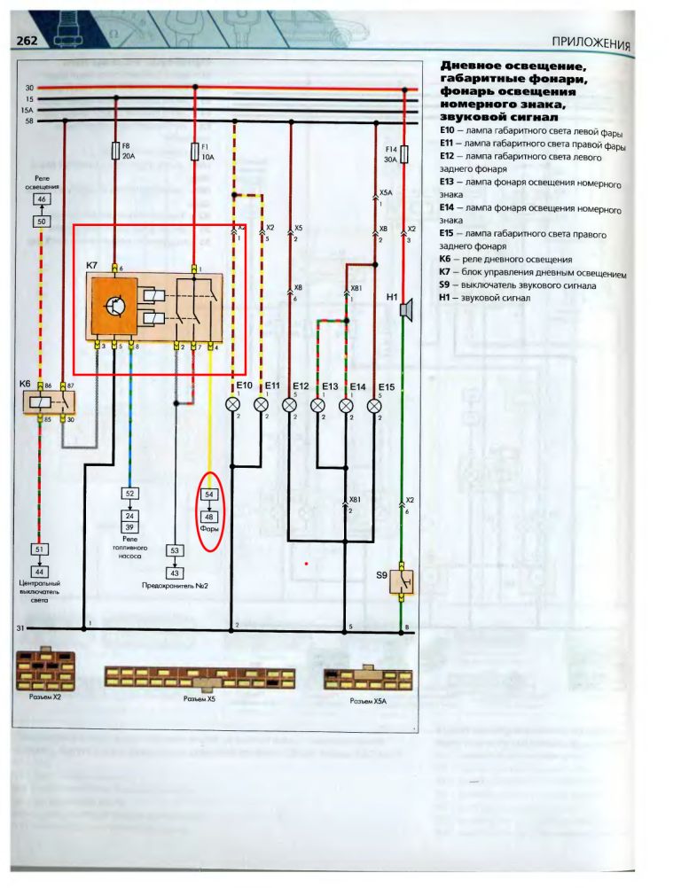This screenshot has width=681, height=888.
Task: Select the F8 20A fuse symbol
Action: pos(116,152)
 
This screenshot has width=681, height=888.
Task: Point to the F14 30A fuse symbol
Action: pos(405,155)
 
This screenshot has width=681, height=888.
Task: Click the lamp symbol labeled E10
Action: pos(233,404)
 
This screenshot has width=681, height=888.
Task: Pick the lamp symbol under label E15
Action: pos(375,404)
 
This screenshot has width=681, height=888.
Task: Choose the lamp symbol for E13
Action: pos(318,404)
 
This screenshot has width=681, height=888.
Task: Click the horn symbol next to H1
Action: pos(405,310)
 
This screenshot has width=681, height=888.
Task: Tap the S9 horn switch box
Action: pos(402,581)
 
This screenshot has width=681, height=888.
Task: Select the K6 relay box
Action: pos(47,401)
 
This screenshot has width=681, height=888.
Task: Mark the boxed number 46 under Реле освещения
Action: pos(41,199)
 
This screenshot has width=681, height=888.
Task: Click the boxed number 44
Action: pos(41,571)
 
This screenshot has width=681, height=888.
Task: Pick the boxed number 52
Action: pos(129,493)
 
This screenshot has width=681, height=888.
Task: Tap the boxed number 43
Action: pos(174,572)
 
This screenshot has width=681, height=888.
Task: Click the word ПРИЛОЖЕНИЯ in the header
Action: pos(590,43)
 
